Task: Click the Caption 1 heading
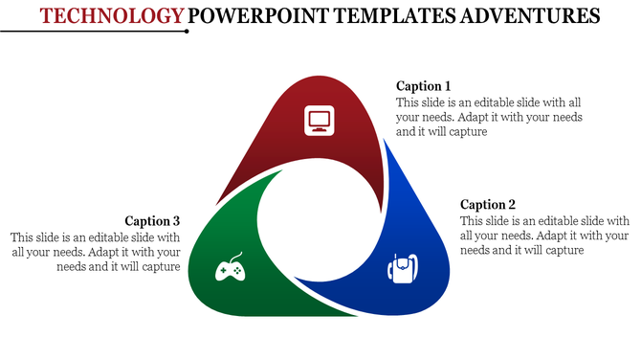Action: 423,86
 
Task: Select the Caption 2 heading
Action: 488,204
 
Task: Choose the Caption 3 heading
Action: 152,221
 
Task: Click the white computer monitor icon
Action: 320,121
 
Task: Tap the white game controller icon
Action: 228,271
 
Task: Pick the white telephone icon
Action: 403,268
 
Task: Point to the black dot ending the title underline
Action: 187,31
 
